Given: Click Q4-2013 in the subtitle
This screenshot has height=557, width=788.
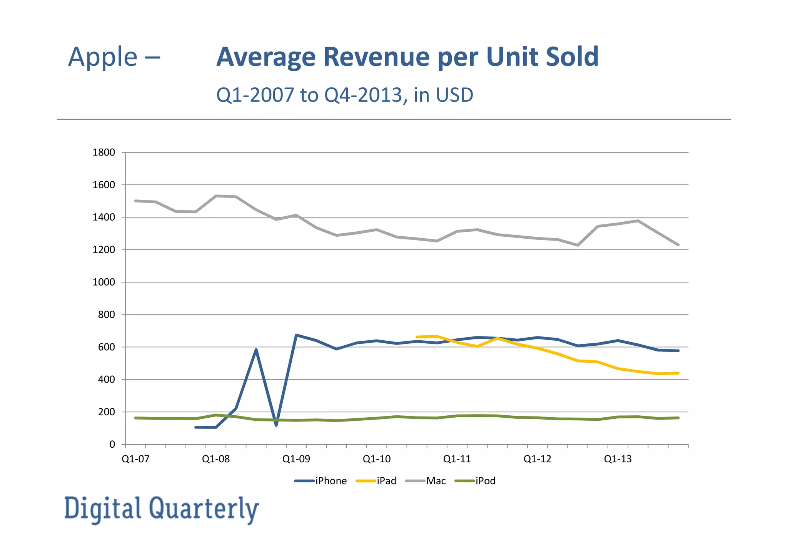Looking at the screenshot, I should coord(363,95).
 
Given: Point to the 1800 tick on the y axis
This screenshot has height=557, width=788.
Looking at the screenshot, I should coord(104,152).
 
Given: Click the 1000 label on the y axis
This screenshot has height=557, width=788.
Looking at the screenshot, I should coord(104,282).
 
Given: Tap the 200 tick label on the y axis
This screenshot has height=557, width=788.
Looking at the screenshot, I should coord(107,412).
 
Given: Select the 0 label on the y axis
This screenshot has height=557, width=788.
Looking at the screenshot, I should coord(112,445).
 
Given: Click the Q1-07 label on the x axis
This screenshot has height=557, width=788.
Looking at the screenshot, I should coord(135,459).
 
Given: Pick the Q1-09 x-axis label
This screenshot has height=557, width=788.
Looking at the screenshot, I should coord(296,459).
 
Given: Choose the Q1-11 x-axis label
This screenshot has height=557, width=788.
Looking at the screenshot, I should coord(457,459).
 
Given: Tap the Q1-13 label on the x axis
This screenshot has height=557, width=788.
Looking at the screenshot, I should coord(618,459).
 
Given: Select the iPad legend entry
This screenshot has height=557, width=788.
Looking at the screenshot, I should coord(386,481).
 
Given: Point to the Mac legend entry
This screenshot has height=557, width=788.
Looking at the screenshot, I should coord(436,481).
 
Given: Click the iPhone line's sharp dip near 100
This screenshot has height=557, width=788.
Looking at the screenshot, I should coord(276,425).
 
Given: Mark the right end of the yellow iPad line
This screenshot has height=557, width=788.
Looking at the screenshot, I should coord(678,373).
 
